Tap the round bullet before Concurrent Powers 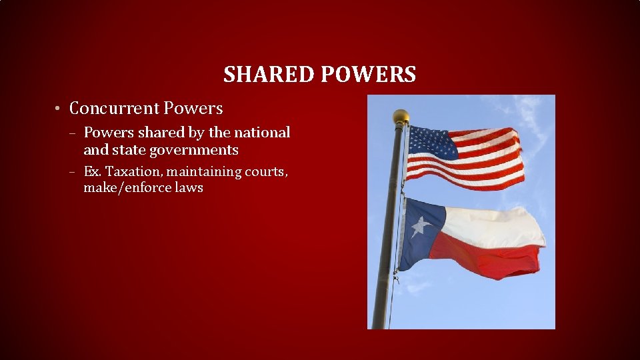coord(59,109)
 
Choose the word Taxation coord(126,171)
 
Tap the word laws coord(188,188)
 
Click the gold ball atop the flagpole coord(401,117)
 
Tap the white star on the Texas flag coord(420,227)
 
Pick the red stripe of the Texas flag coord(487,257)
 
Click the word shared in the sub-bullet coord(167,133)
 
